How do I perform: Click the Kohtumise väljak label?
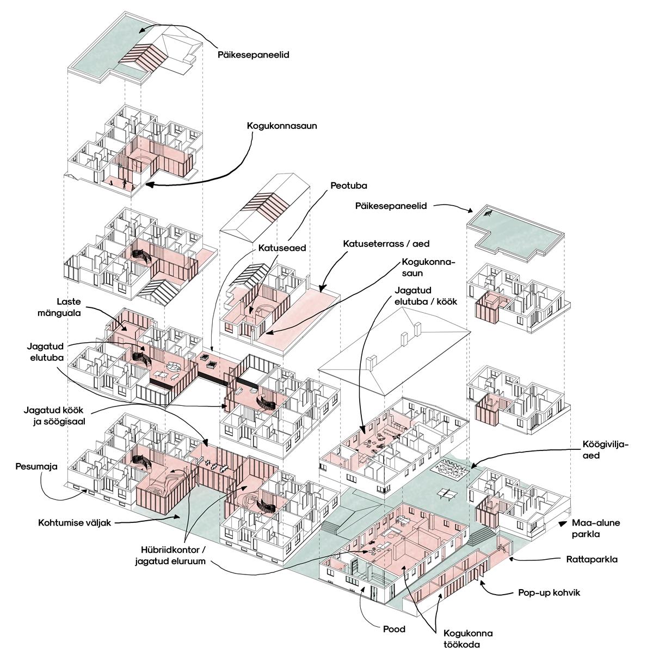coord(75,523)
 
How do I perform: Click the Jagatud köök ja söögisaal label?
coord(57,415)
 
